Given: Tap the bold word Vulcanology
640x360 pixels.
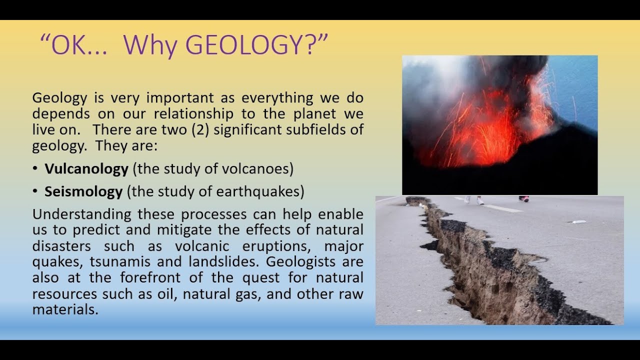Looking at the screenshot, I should [86, 169].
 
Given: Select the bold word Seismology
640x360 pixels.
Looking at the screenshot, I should [83, 191].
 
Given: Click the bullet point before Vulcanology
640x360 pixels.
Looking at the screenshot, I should [35, 169].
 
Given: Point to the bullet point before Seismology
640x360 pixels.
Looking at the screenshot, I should [35, 191].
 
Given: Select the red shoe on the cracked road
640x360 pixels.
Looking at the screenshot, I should [523, 198].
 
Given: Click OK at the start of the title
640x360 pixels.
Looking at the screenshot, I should [64, 45].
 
